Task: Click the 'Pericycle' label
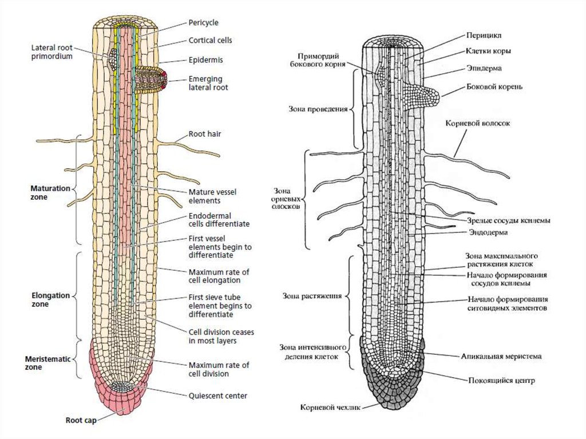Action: point(203,22)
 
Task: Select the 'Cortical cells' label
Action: point(211,41)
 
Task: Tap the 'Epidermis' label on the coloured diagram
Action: point(205,59)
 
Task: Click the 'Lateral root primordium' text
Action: point(52,53)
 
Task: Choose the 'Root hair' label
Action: point(205,134)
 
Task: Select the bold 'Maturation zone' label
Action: point(50,192)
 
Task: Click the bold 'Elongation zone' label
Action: point(50,300)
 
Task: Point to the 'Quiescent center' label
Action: point(218,395)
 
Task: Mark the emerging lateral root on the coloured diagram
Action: point(151,81)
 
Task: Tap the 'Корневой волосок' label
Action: point(477,123)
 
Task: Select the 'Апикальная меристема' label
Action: point(501,355)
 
